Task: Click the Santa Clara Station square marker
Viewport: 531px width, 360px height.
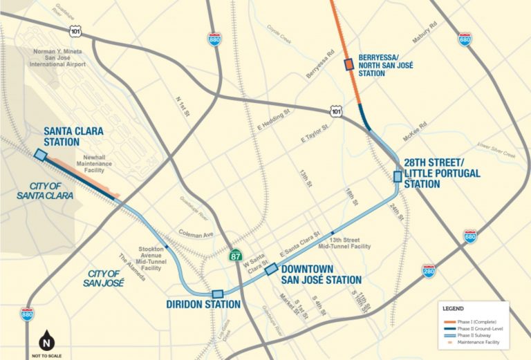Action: click(x=40, y=155)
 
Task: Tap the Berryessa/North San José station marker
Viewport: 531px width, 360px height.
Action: click(x=349, y=65)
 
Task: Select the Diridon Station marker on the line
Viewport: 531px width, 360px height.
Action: click(x=218, y=294)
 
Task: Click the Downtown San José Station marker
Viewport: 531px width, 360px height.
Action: click(x=271, y=268)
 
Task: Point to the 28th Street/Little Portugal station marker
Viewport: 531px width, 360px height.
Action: click(x=397, y=176)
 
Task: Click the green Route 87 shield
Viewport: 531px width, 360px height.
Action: click(x=236, y=256)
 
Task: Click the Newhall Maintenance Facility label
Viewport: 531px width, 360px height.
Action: click(x=94, y=163)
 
